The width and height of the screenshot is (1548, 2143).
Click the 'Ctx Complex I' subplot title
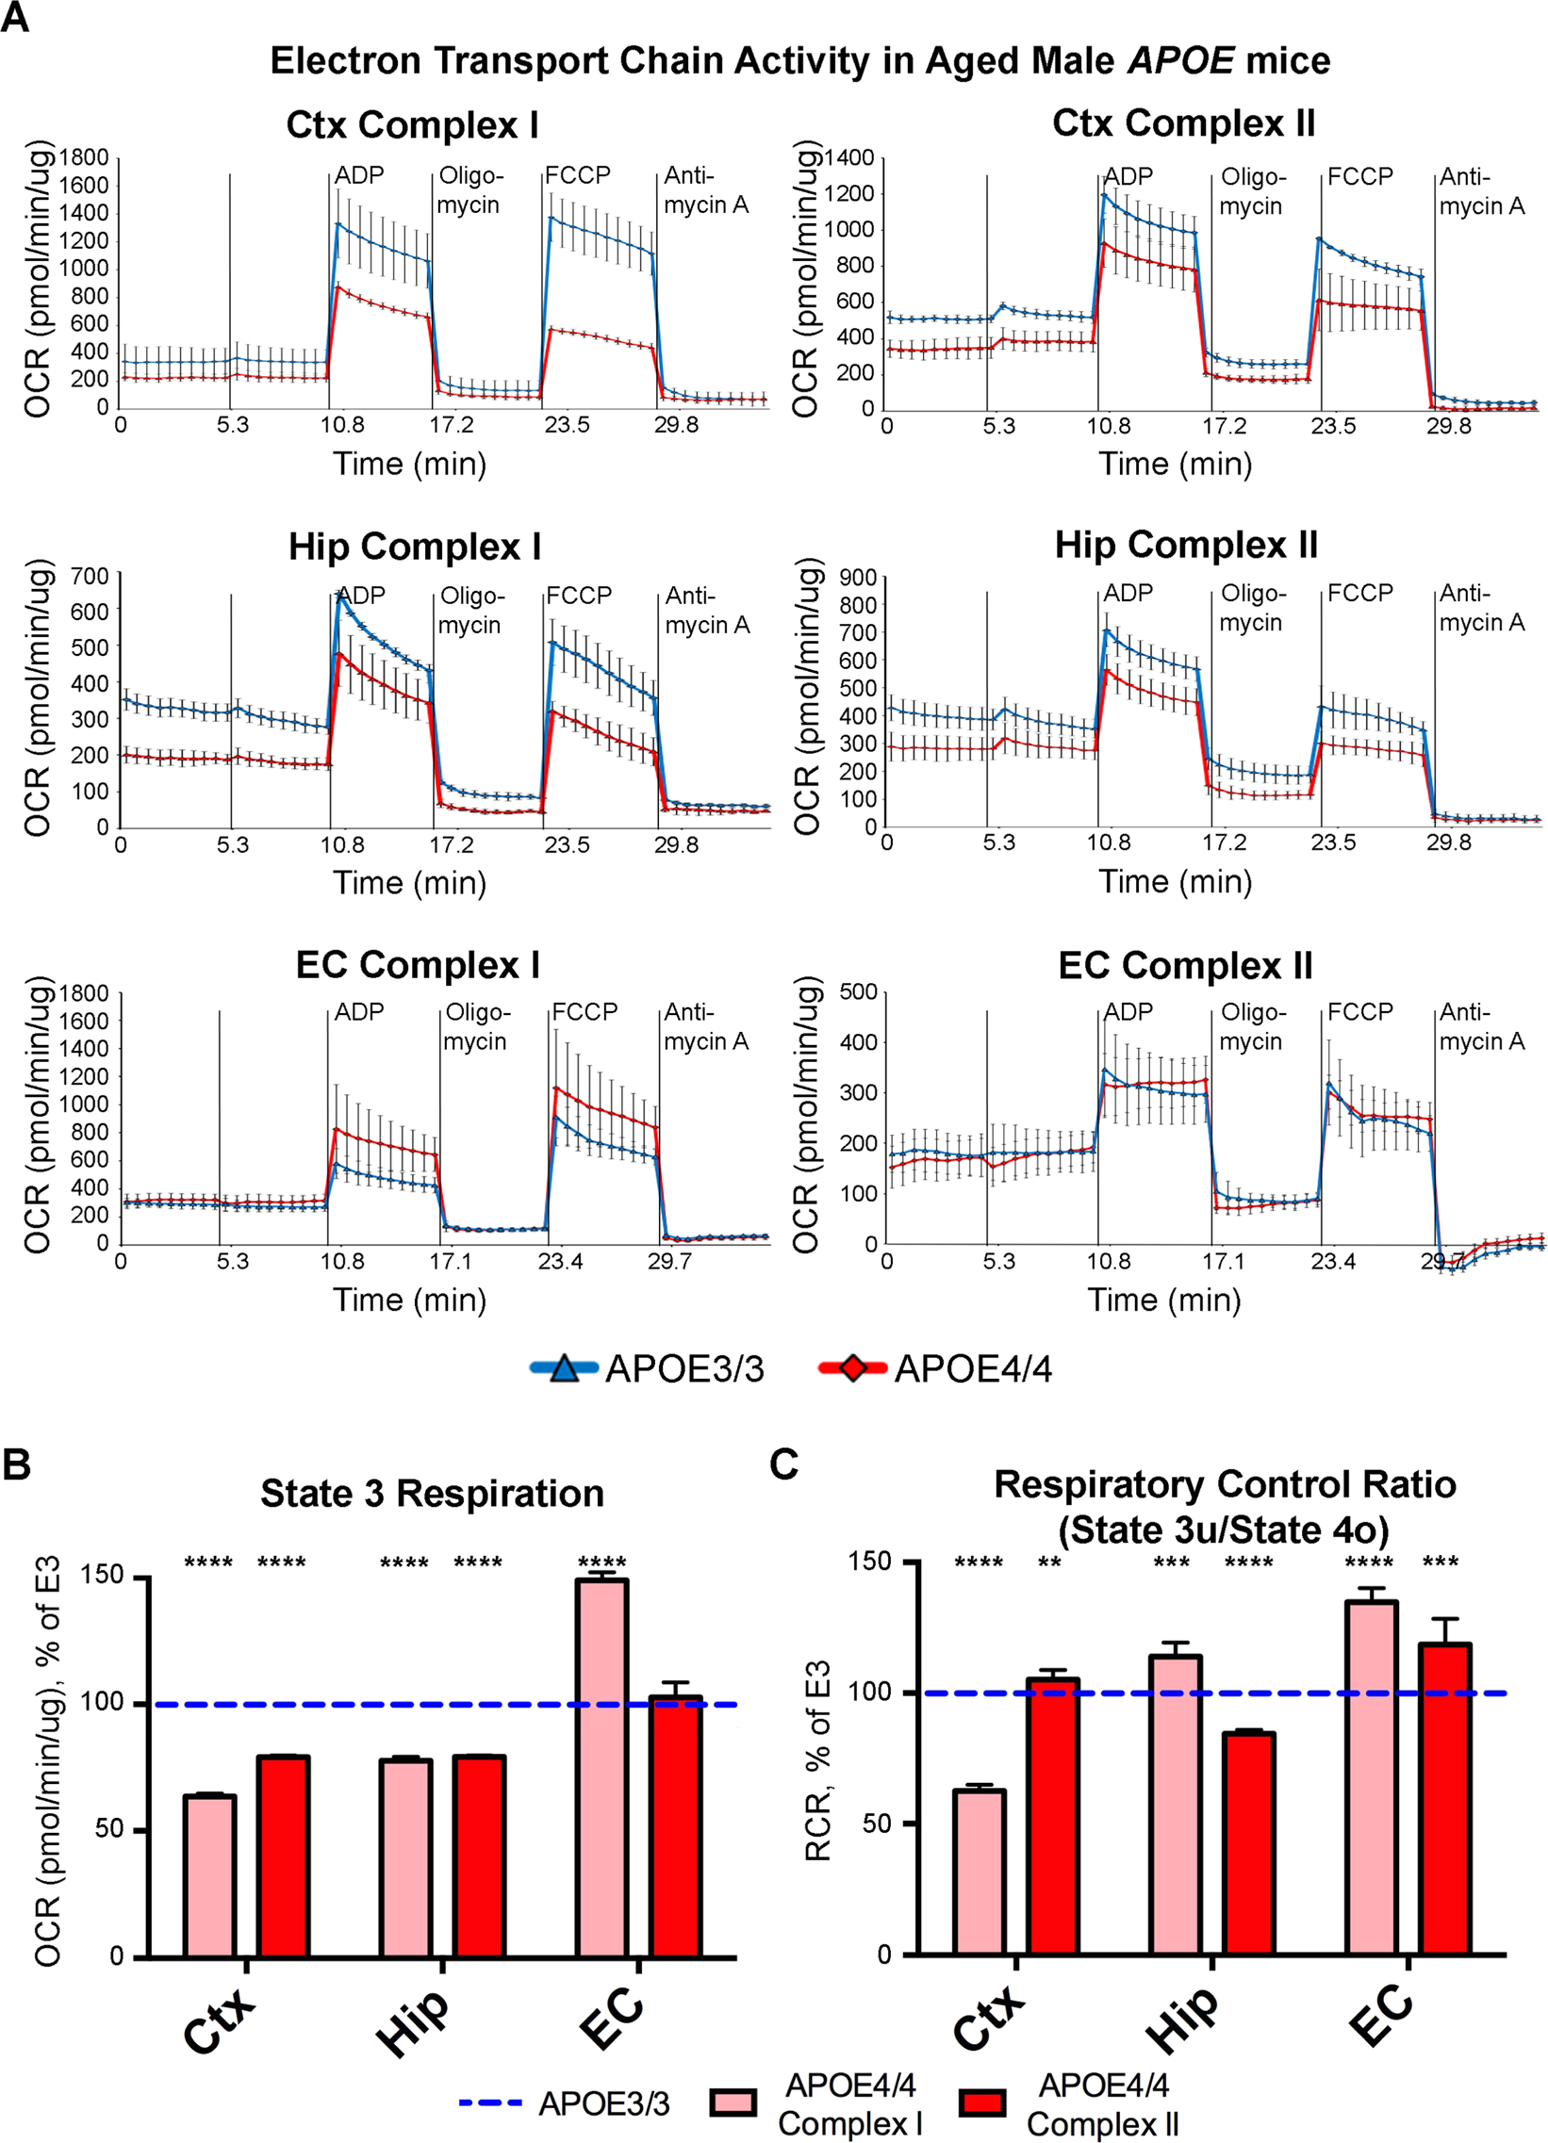click(x=412, y=124)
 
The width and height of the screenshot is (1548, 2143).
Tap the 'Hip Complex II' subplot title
click(x=1186, y=546)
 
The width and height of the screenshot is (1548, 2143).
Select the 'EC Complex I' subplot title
click(x=418, y=965)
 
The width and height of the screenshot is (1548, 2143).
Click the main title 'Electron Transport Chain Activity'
click(x=799, y=60)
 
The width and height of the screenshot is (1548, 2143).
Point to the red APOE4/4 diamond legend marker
click(x=851, y=1367)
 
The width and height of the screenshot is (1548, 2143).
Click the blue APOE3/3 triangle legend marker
click(x=564, y=1367)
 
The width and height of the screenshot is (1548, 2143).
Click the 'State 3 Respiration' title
click(x=432, y=1494)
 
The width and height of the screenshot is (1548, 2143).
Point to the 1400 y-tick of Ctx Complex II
click(x=848, y=157)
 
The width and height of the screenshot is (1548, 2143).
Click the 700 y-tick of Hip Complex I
click(x=91, y=576)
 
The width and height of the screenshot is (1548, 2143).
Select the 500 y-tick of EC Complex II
click(x=858, y=991)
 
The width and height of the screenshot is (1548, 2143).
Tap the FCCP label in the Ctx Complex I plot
click(x=577, y=174)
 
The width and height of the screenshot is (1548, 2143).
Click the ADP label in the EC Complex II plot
click(x=1128, y=1012)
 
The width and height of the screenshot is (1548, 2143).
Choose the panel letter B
click(x=16, y=1464)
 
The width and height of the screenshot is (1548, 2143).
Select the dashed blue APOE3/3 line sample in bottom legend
click(x=490, y=2102)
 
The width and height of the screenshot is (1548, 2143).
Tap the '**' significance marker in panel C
click(x=1049, y=1563)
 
